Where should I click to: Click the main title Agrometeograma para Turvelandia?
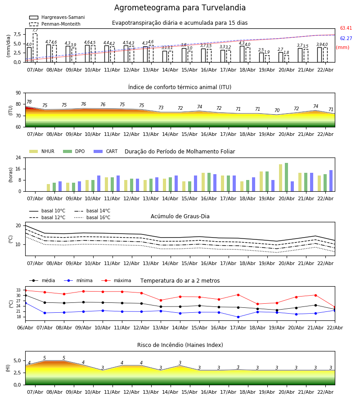180,8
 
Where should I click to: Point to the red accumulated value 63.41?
346,28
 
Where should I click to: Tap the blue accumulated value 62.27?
346,39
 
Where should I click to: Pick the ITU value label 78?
29,102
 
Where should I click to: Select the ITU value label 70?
277,111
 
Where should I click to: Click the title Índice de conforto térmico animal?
180,87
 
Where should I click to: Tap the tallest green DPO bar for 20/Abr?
286,177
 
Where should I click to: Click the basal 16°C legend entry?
98,218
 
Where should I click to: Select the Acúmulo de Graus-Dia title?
180,216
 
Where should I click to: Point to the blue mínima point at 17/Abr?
238,317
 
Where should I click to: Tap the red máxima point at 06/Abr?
25,290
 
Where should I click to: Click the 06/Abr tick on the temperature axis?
25,327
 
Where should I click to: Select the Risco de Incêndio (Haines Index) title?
180,345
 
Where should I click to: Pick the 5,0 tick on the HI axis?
17,361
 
